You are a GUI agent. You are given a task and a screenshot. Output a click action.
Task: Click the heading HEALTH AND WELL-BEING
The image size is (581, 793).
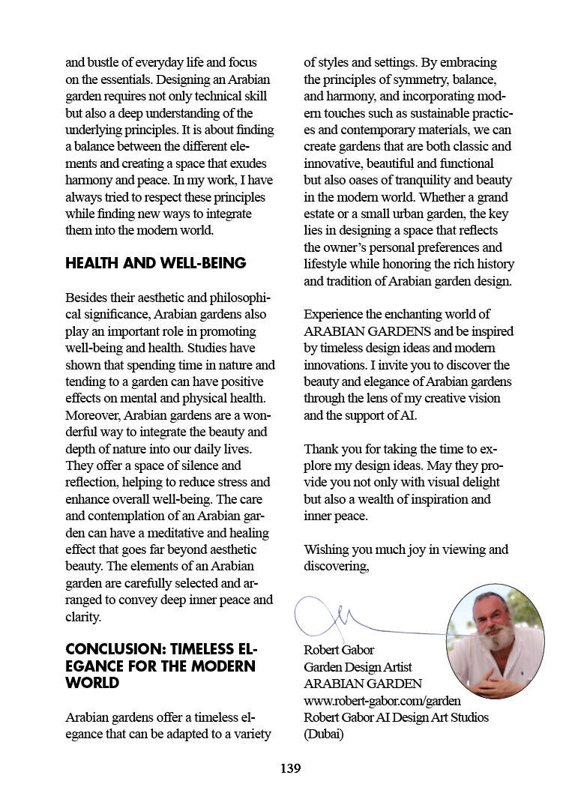coord(156,263)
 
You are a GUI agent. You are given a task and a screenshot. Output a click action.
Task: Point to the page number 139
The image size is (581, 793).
coord(290,768)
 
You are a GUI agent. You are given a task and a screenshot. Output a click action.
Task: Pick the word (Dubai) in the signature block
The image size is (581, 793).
coord(323,735)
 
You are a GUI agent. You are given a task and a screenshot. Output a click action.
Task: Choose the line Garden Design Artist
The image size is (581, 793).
coord(358,667)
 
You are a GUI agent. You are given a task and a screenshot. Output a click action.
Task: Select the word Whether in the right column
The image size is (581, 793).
coord(446,197)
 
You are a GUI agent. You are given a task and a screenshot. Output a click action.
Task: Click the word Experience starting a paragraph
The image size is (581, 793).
coord(334,315)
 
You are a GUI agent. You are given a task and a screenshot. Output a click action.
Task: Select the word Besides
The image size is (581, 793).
coord(85,298)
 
